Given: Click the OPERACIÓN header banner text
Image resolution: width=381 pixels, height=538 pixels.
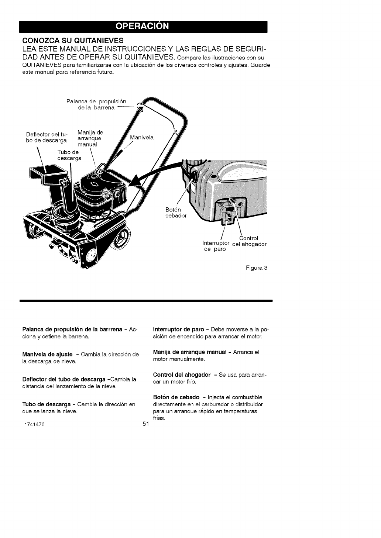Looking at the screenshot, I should pos(143,26).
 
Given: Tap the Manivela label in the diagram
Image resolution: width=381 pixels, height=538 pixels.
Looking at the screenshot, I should pos(142,138).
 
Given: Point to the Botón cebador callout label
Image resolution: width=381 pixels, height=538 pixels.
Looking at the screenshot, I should pos(176,213).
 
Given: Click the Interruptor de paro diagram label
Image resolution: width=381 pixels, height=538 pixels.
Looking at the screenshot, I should pos(216,246).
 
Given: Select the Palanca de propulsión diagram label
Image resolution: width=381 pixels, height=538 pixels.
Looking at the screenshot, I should pos(96,104).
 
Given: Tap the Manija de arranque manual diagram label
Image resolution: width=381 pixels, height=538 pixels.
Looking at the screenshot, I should pos(91,138).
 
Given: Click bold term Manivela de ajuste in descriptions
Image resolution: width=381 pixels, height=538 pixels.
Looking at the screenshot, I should pos(47,355).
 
